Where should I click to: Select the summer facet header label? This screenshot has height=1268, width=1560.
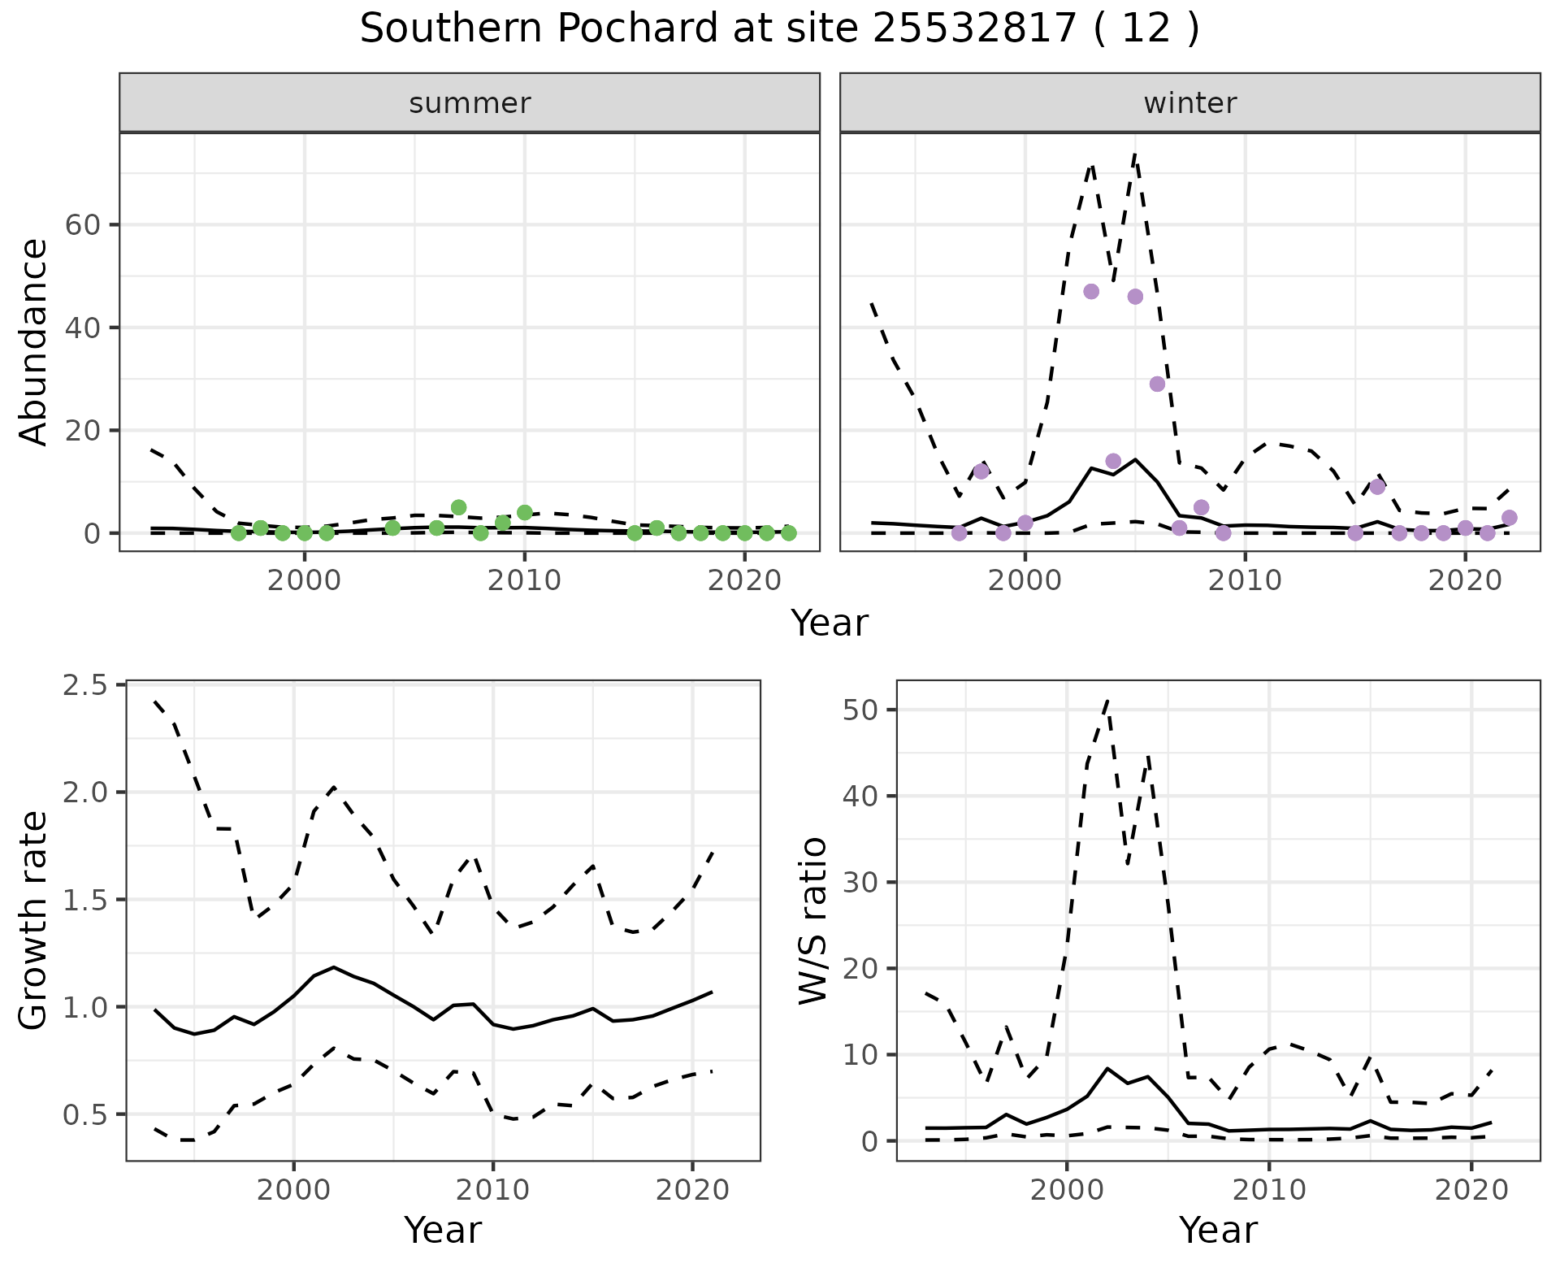[470, 103]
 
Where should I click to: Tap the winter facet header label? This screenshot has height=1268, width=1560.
[1189, 103]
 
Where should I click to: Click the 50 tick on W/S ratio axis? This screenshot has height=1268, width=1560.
[860, 710]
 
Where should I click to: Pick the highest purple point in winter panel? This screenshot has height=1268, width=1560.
[1091, 292]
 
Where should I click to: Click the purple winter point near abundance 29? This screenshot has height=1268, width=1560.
[1157, 384]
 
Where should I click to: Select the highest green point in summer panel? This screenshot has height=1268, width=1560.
[458, 507]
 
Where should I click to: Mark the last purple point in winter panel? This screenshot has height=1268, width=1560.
[1509, 518]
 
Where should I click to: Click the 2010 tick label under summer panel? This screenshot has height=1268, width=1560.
[524, 580]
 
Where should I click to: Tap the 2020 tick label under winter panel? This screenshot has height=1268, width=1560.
[1465, 580]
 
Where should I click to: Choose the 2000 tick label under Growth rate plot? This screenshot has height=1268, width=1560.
[293, 1190]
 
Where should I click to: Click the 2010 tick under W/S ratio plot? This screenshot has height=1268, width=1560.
[1267, 1190]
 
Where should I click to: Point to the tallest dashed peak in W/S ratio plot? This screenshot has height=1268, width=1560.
[1107, 699]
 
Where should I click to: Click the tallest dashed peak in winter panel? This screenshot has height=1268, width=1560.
[1134, 154]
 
